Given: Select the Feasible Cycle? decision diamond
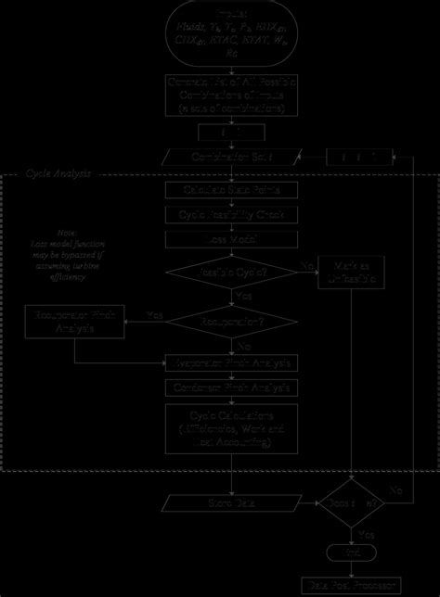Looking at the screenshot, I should (231, 273).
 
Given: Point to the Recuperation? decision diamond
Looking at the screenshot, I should (231, 322).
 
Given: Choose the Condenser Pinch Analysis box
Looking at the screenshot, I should (231, 387).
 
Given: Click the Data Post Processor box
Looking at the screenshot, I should (350, 585).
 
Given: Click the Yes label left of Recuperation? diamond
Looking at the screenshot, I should (156, 316).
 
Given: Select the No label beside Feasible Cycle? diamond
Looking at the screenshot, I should (304, 266).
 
